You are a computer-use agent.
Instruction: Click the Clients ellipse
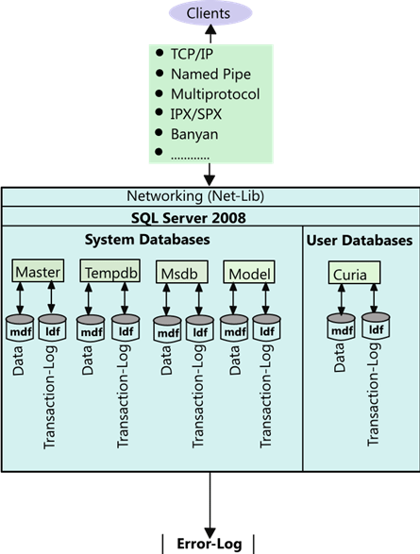(210, 12)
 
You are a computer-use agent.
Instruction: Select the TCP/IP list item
(192, 54)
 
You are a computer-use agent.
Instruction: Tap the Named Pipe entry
(210, 75)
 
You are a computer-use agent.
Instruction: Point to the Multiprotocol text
(215, 94)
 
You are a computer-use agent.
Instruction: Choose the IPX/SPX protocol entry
(196, 114)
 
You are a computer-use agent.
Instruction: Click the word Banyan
(194, 134)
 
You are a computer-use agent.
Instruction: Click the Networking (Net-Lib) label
(195, 196)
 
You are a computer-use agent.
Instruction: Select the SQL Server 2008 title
(189, 218)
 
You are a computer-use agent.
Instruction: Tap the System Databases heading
(147, 240)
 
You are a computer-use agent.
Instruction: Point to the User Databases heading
(360, 241)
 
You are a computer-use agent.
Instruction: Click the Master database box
(38, 271)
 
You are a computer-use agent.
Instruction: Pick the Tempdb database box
(110, 271)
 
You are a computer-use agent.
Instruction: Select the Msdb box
(182, 272)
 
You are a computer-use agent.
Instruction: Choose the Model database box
(249, 272)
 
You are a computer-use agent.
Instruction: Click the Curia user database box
(354, 273)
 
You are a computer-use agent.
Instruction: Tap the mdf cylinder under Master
(20, 328)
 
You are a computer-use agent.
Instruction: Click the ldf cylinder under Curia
(376, 327)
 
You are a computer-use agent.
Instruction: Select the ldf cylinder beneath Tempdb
(126, 328)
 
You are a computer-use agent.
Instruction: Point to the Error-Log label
(210, 544)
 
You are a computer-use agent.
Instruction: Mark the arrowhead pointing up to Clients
(210, 30)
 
